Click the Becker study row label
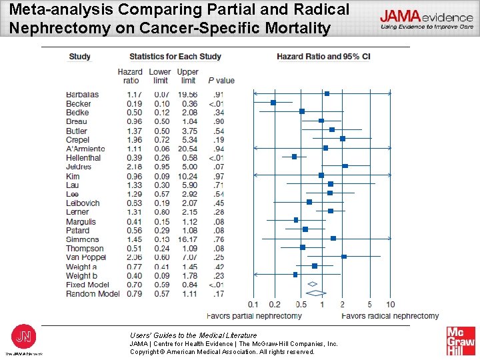(79, 104)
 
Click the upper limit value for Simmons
(188, 239)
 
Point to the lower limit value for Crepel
(161, 140)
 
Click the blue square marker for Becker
(273, 103)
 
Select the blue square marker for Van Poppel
(344, 256)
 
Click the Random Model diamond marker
(315, 293)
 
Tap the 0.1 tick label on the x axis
(253, 305)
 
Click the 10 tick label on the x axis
(390, 305)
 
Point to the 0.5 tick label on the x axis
(301, 305)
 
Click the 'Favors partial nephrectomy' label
(254, 315)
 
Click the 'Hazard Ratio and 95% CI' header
(323, 57)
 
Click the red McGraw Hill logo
(461, 341)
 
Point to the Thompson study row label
(85, 249)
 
